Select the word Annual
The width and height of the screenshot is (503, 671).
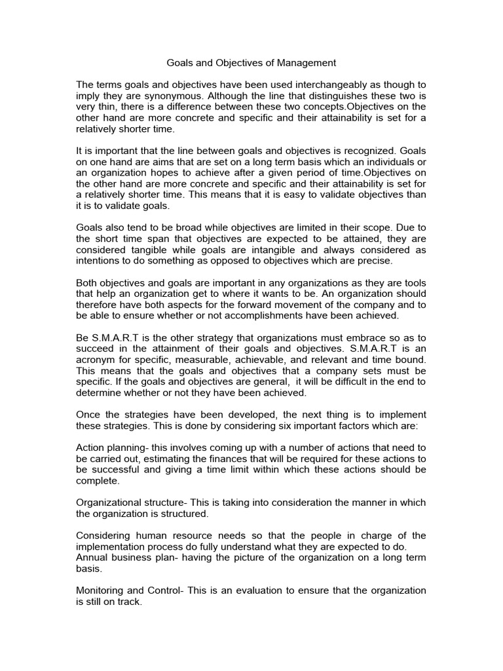(x=92, y=558)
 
